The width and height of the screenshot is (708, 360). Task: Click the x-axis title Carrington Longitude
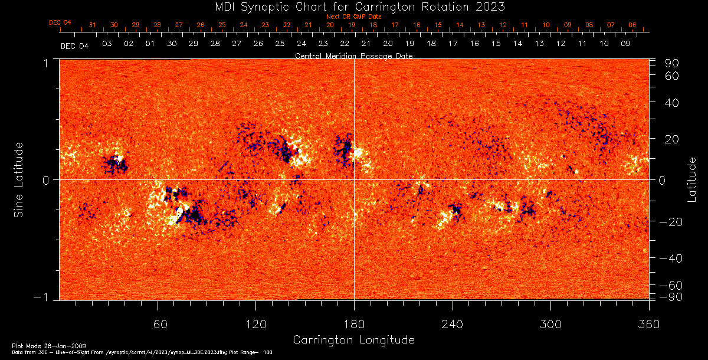pos(353,340)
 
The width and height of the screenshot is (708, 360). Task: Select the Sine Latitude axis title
pos(19,179)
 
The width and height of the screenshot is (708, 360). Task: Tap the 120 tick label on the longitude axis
pos(256,323)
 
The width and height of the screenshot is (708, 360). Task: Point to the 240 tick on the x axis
pos(453,323)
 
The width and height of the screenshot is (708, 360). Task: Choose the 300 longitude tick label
pos(550,323)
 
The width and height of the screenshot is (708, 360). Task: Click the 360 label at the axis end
pos(648,323)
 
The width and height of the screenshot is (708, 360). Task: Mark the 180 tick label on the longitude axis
pos(354,323)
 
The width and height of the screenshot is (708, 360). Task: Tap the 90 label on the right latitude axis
pos(673,63)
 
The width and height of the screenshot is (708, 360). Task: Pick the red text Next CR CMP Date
pos(353,17)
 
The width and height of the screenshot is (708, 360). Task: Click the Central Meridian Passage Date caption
pos(353,55)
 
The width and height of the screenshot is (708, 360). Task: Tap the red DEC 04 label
pos(60,22)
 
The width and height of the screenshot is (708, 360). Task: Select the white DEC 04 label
pos(74,46)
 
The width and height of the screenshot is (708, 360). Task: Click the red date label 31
pos(92,25)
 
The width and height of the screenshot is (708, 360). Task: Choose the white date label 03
pos(107,43)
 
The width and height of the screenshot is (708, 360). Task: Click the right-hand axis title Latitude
pos(693,179)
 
